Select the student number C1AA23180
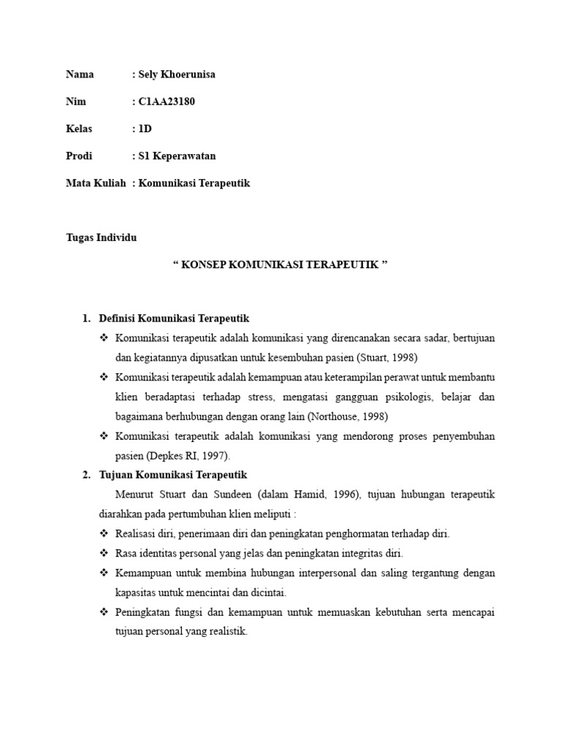166,102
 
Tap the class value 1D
145,129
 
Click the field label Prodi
79,156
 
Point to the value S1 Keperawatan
176,156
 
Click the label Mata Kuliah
96,183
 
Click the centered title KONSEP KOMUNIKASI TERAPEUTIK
280,264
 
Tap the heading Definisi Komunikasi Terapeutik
175,318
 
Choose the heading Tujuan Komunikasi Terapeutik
174,475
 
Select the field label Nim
76,102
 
